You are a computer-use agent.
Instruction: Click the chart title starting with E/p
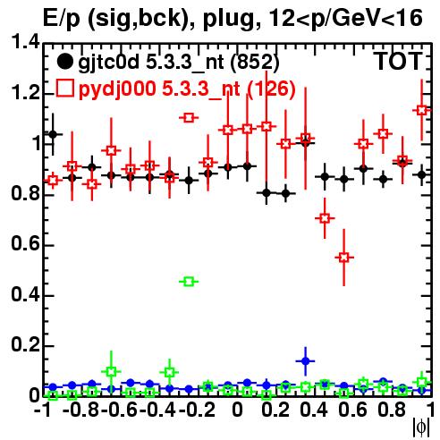pyautogui.click(x=233, y=18)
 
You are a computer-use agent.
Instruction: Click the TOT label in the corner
pyautogui.click(x=399, y=61)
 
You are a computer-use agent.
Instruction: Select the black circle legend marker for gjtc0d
pyautogui.click(x=64, y=62)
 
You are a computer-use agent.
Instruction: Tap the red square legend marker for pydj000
pyautogui.click(x=64, y=88)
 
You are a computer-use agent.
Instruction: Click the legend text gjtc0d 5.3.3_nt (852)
pyautogui.click(x=179, y=63)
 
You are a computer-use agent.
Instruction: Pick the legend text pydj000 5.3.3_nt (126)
pyautogui.click(x=187, y=89)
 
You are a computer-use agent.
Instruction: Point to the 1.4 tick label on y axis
pyautogui.click(x=25, y=42)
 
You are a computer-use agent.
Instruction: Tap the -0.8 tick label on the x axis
pyautogui.click(x=80, y=410)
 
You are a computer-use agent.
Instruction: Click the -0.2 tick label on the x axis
pyautogui.click(x=197, y=410)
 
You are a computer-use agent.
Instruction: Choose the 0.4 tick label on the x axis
pyautogui.click(x=314, y=410)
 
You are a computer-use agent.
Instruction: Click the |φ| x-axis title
pyautogui.click(x=421, y=427)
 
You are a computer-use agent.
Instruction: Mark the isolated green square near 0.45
pyautogui.click(x=189, y=282)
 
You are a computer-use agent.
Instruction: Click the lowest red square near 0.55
pyautogui.click(x=344, y=257)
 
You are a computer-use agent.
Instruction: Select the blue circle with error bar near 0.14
pyautogui.click(x=305, y=361)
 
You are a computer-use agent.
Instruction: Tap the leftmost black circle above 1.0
pyautogui.click(x=53, y=134)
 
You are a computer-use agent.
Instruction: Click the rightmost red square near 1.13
pyautogui.click(x=421, y=110)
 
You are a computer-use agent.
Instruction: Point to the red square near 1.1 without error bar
pyautogui.click(x=189, y=118)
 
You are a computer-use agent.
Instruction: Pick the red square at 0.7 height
pyautogui.click(x=325, y=218)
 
